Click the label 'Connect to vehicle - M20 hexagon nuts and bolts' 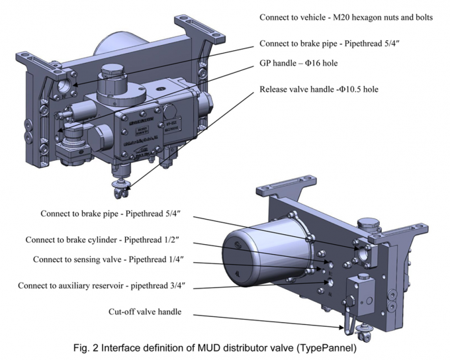pos(346,18)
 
